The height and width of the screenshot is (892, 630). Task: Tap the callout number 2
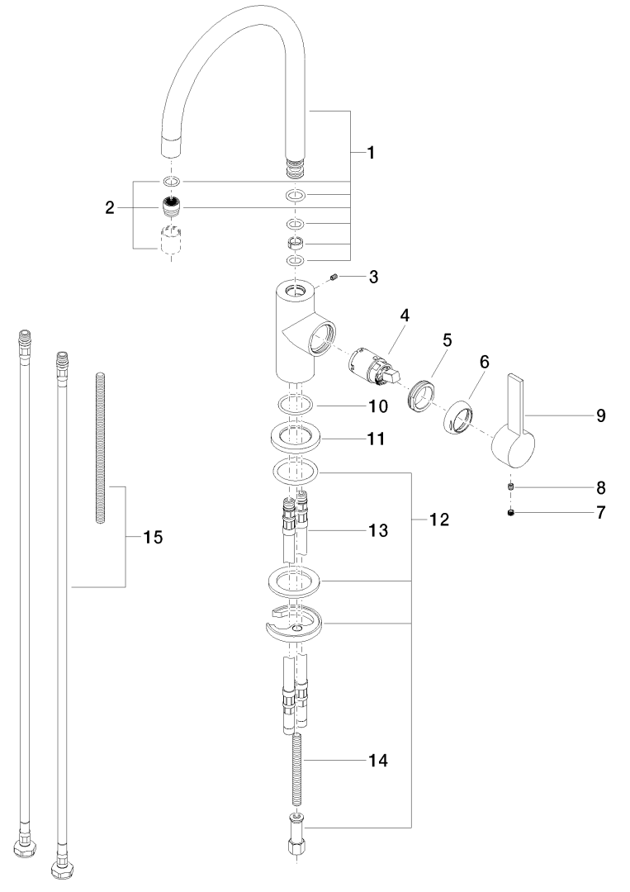click(110, 208)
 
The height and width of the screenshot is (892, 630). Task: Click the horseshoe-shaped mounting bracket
click(295, 626)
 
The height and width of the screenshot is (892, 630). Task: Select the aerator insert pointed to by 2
click(173, 206)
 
